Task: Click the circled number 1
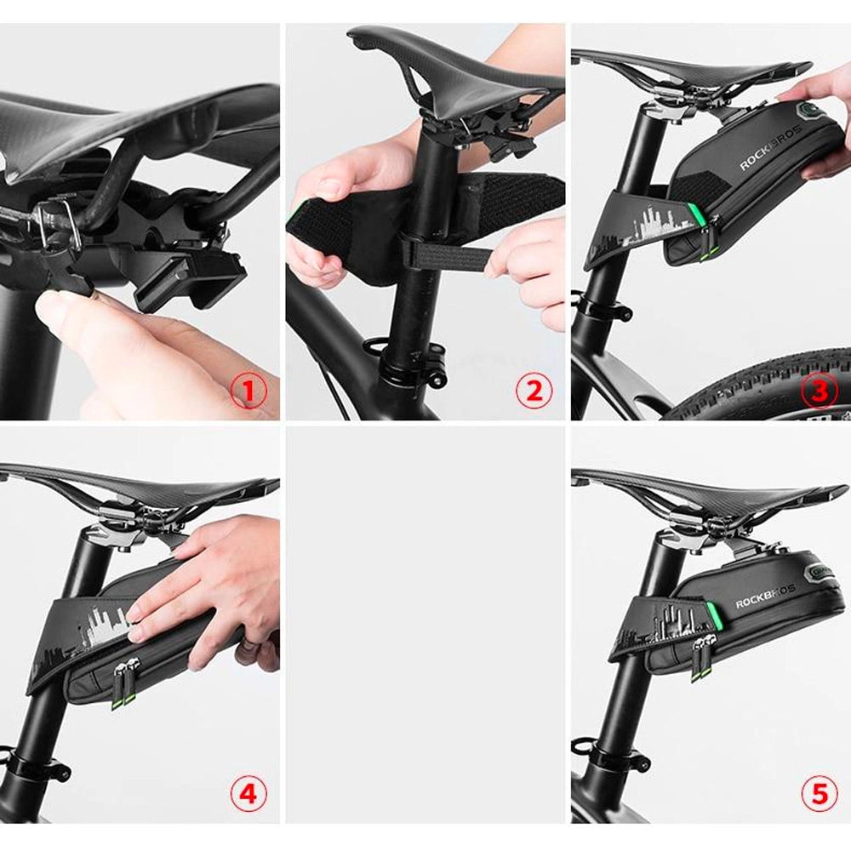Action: coord(248,391)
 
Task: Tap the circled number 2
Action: coord(534,391)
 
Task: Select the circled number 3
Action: coord(819,391)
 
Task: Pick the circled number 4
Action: coord(248,794)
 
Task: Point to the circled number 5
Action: coord(819,794)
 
